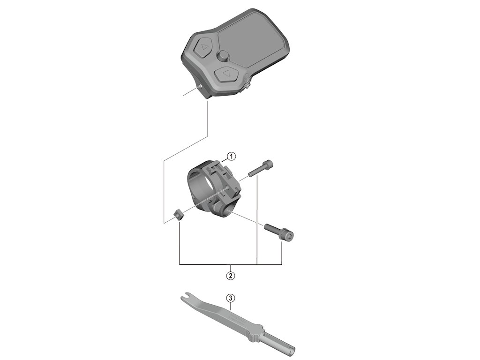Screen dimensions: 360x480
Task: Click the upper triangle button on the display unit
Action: (x=204, y=48)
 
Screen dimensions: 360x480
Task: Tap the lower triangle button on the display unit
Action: (x=226, y=74)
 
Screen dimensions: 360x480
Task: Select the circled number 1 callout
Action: (x=231, y=156)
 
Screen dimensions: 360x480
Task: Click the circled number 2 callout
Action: (x=230, y=275)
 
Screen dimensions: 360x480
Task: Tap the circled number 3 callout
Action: (x=230, y=298)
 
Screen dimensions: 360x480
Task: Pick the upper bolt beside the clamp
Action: (x=259, y=168)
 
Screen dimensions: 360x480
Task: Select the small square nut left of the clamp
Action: (x=178, y=214)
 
